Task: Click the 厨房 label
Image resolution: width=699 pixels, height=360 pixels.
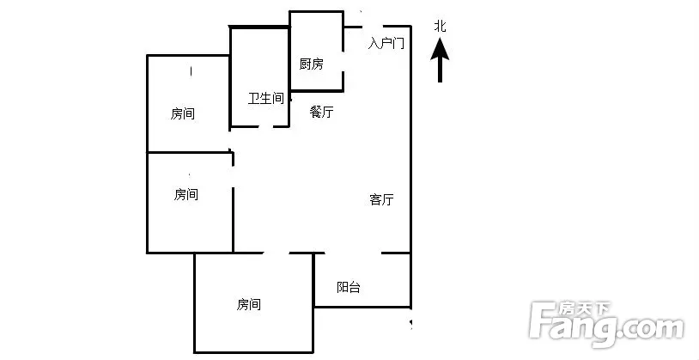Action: (x=311, y=64)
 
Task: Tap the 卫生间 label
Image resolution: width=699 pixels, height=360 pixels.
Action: (x=266, y=98)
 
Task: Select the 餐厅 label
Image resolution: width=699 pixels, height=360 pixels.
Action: (x=321, y=112)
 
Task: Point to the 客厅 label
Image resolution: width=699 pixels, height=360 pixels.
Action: (x=381, y=199)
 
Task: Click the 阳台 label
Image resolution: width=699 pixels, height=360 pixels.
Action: (x=348, y=287)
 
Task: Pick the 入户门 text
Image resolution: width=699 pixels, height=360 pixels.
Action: (x=386, y=43)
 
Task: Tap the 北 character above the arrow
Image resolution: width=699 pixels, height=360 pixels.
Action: (x=440, y=27)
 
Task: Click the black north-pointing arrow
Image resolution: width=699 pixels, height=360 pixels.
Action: (x=440, y=60)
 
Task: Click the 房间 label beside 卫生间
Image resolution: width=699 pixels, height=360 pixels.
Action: (x=183, y=113)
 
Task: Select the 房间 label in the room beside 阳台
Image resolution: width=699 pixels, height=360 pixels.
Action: (x=249, y=305)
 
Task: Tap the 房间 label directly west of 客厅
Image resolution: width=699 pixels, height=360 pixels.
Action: (x=185, y=194)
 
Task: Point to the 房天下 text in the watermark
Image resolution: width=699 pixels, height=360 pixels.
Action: (x=585, y=308)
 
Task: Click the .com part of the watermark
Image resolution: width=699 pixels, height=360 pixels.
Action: (x=652, y=329)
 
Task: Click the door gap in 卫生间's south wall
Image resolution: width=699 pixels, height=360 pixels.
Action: (x=265, y=126)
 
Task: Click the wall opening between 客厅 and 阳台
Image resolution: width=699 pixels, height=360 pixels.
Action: (x=353, y=253)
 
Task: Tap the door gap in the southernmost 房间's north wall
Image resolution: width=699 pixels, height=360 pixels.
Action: (x=276, y=253)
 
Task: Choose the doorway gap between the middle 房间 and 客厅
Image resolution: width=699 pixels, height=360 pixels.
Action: (x=233, y=177)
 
